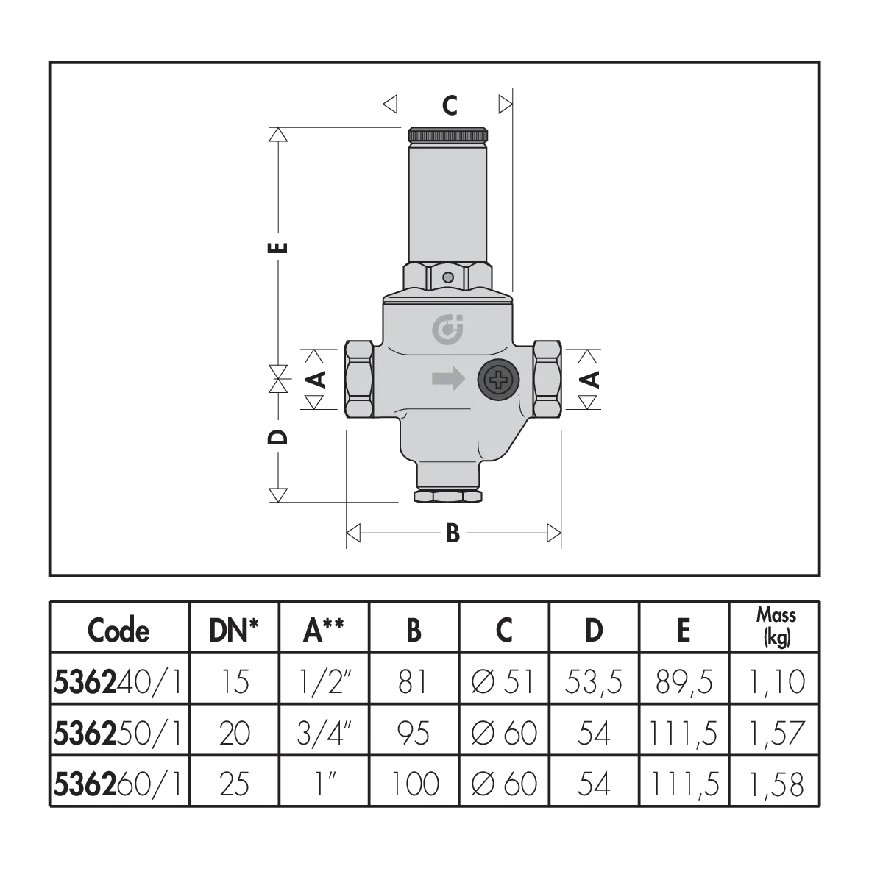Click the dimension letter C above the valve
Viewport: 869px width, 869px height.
[x=450, y=104]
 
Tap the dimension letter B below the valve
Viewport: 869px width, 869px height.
[x=453, y=533]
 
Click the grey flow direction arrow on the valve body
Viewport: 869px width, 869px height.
[x=448, y=379]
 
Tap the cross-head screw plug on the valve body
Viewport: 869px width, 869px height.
[x=500, y=380]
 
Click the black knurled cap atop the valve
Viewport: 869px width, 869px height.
[x=448, y=135]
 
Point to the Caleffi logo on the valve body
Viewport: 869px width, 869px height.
[x=448, y=330]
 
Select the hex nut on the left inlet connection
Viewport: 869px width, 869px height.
[x=359, y=379]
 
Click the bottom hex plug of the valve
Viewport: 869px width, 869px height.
[x=448, y=495]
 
